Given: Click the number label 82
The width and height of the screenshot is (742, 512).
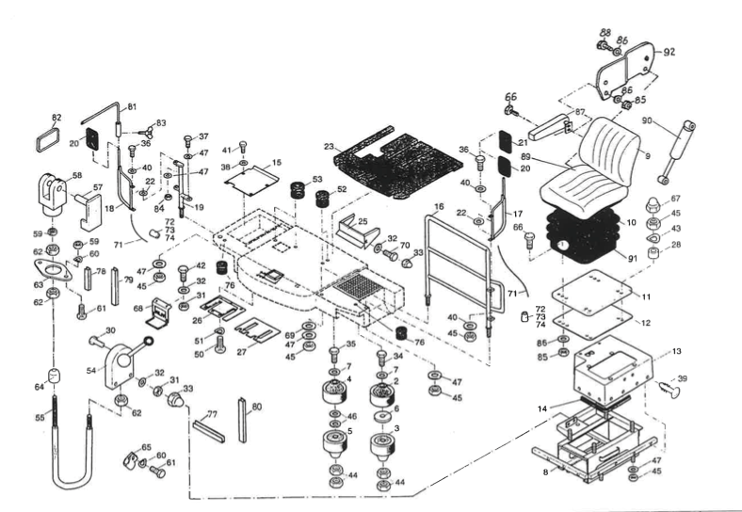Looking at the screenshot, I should pos(56,118).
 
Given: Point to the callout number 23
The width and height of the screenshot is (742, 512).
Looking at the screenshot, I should pos(329,147).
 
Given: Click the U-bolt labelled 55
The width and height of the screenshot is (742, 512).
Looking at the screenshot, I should pos(72,452).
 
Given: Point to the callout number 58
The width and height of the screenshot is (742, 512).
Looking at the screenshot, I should pos(76,175).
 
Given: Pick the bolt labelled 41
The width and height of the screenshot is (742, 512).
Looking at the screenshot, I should pos(243,148).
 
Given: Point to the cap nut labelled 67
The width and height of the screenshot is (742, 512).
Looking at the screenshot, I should pos(652,203).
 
